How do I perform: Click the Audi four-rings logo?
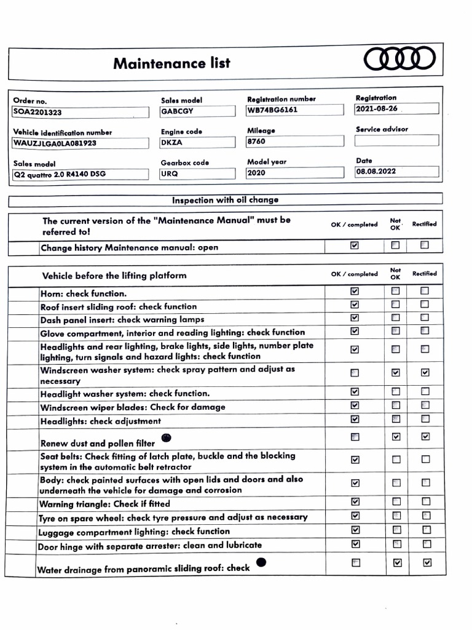point(399,60)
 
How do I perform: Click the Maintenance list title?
point(171,63)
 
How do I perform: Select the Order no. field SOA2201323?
point(80,113)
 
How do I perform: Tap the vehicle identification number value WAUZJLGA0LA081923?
point(80,143)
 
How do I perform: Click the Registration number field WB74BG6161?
point(294,110)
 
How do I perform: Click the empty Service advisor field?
point(396,140)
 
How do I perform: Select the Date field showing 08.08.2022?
point(396,172)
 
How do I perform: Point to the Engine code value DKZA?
point(197,142)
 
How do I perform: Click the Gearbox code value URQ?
point(197,173)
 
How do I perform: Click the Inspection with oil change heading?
point(225,200)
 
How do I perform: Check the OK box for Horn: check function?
point(355,291)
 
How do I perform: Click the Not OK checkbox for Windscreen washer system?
point(396,372)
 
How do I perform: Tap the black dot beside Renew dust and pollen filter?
point(165,438)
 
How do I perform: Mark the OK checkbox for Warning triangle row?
point(355,502)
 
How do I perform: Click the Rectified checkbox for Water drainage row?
point(427,562)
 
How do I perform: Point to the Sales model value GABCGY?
point(197,111)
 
